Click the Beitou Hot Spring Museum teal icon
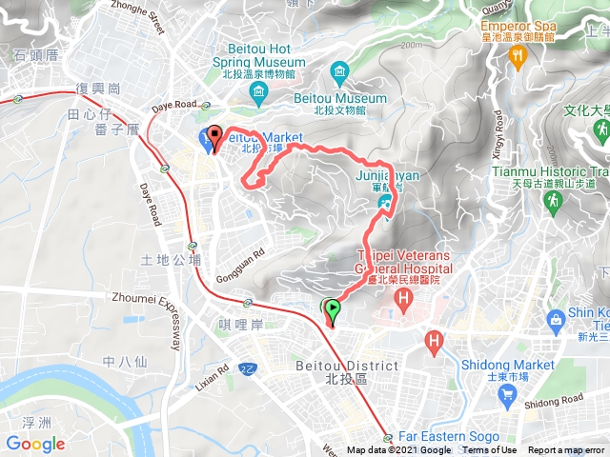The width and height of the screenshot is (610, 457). (x=258, y=91)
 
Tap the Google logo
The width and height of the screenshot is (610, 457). (x=35, y=444)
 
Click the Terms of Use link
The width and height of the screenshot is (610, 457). (x=490, y=450)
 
